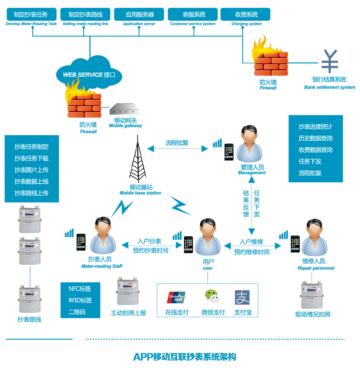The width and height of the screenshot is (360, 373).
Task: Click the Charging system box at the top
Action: pyautogui.click(x=245, y=14)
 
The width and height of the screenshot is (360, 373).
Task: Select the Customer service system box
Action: pyautogui.click(x=193, y=14)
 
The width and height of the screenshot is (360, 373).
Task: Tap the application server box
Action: pyautogui.click(x=139, y=14)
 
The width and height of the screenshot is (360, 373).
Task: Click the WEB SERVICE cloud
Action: pyautogui.click(x=89, y=74)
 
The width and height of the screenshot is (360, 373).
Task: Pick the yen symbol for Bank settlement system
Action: pyautogui.click(x=330, y=61)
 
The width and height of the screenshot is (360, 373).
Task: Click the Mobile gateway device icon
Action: pyautogui.click(x=124, y=109)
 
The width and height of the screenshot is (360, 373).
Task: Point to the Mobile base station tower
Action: pyautogui.click(x=138, y=160)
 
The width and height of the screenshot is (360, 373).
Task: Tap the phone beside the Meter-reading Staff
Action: pyautogui.click(x=81, y=242)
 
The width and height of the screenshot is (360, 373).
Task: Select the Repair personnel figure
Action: pyautogui.click(x=314, y=239)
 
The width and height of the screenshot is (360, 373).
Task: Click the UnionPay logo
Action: pyautogui.click(x=176, y=297)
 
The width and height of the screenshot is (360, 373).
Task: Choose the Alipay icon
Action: pyautogui.click(x=242, y=297)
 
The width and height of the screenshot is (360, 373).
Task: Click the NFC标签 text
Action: pyautogui.click(x=80, y=289)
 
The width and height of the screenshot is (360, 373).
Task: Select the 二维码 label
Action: pyautogui.click(x=77, y=312)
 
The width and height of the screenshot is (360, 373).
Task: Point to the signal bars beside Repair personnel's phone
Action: pyautogui.click(x=283, y=235)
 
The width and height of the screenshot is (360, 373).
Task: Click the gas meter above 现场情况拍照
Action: pyautogui.click(x=312, y=295)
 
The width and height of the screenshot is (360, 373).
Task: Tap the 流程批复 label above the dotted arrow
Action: pyautogui.click(x=177, y=143)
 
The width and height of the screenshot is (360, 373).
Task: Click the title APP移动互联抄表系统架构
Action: pyautogui.click(x=184, y=357)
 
